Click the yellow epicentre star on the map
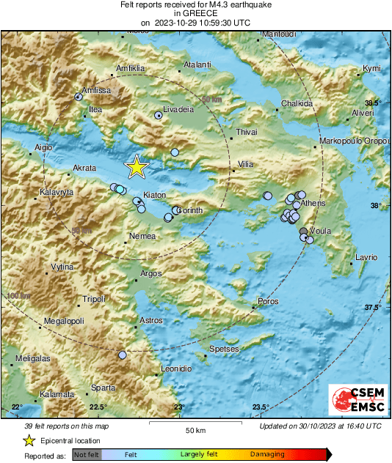(137, 167)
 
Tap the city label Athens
(313, 202)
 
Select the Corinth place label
(189, 210)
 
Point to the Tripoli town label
(93, 299)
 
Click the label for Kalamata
(58, 394)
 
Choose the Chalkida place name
(297, 103)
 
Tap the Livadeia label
(178, 108)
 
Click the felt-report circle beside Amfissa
(79, 97)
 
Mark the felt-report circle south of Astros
(122, 355)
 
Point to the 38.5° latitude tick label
(374, 103)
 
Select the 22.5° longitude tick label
(97, 407)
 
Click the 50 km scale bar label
(194, 429)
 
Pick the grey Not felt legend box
(86, 455)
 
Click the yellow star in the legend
(29, 441)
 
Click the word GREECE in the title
(195, 13)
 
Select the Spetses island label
(224, 349)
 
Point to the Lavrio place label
(366, 257)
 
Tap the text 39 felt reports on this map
(67, 426)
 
